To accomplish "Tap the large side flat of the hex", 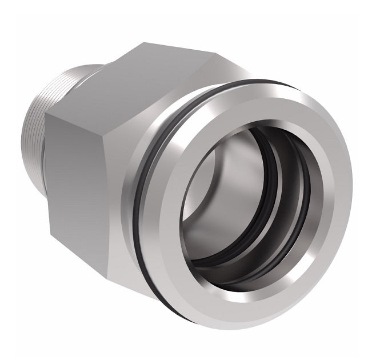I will (97, 171).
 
